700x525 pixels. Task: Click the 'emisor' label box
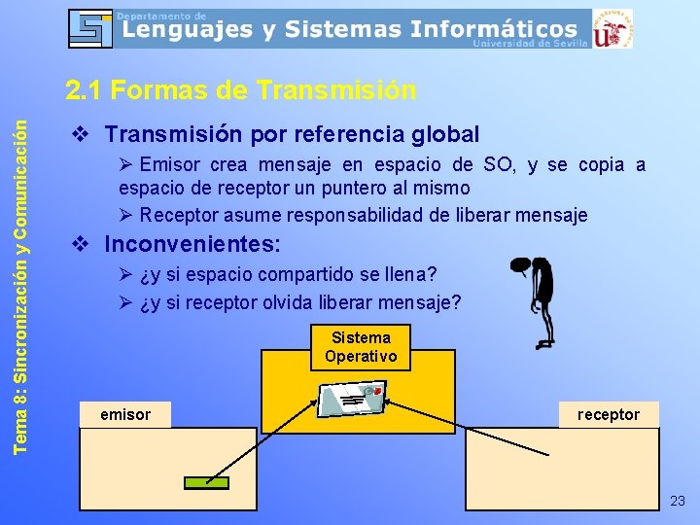click(125, 414)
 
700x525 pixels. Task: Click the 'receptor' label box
click(609, 414)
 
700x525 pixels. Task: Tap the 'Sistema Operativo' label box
click(361, 347)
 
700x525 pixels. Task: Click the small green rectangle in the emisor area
click(206, 483)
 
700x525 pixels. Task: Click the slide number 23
click(678, 501)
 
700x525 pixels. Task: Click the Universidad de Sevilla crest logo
click(612, 28)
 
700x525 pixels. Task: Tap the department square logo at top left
click(91, 28)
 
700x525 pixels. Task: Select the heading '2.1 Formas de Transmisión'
click(241, 90)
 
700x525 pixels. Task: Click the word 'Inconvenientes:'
click(192, 243)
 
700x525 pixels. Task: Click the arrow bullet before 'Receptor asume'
click(126, 215)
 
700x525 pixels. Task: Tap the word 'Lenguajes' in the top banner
click(188, 30)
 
